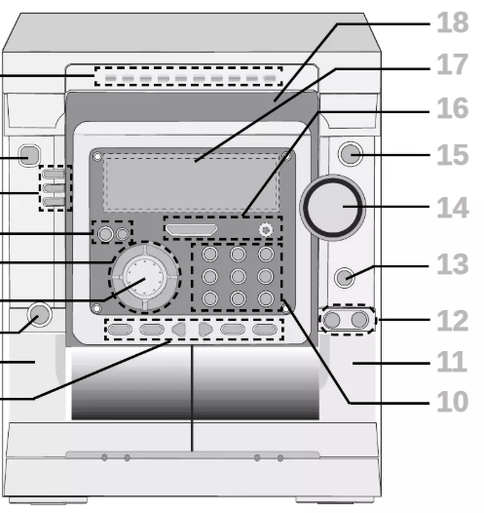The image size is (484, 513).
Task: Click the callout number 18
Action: [x=453, y=22]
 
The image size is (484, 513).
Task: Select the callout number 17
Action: [x=453, y=64]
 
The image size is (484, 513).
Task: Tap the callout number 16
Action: [x=453, y=108]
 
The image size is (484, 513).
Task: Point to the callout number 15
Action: [x=453, y=155]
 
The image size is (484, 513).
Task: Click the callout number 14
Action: [x=453, y=208]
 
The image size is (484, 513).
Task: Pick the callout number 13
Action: [x=453, y=263]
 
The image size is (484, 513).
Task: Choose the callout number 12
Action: [x=453, y=321]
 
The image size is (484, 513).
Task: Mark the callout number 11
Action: [x=452, y=362]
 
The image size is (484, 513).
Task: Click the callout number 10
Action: [x=453, y=401]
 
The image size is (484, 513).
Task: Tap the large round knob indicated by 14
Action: [x=332, y=208]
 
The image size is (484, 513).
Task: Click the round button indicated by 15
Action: [x=351, y=154]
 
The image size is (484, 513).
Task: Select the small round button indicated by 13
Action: [x=345, y=278]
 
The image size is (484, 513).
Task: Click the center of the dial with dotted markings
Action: [x=145, y=277]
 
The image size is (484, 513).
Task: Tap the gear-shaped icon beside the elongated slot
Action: [x=266, y=230]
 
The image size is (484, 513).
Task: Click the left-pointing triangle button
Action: [x=179, y=329]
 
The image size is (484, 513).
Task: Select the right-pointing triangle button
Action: [x=205, y=329]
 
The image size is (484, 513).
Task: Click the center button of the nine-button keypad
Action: [x=238, y=276]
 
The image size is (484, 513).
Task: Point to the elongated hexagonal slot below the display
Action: [x=192, y=229]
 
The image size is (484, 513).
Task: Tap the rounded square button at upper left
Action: [x=30, y=155]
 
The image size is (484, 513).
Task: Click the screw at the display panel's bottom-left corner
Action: [x=96, y=308]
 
